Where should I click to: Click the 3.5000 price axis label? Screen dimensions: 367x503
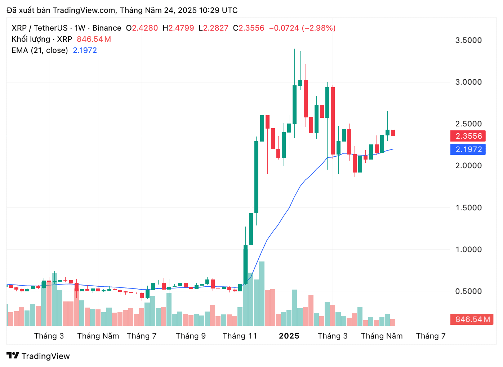pos(468,40)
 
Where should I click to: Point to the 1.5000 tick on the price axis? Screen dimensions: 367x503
pos(468,208)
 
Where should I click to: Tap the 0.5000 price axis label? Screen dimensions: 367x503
pos(468,291)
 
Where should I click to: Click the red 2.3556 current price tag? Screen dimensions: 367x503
pos(468,136)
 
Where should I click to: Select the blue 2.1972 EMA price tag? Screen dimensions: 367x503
pos(468,149)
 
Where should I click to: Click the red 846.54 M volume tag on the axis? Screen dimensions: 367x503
pos(472,319)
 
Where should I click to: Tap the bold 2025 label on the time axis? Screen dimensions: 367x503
pos(289,336)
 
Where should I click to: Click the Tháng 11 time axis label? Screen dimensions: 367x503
pos(240,336)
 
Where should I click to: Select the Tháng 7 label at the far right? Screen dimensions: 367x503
pos(431,336)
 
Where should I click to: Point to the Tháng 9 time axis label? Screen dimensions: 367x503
pos(191,336)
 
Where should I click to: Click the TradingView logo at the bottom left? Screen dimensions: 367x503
pos(38,356)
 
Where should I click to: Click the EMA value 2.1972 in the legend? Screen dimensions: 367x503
pos(85,50)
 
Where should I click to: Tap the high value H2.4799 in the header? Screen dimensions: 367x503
pos(178,28)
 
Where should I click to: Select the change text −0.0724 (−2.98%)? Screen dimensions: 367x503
pos(302,28)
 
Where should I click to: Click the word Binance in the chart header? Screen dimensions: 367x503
pos(107,28)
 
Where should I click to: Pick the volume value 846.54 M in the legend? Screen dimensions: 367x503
pos(94,39)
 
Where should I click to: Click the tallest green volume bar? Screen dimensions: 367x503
pos(262,294)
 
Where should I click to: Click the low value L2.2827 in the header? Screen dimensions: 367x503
pos(214,28)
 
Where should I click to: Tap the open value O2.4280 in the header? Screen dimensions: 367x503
pos(142,28)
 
